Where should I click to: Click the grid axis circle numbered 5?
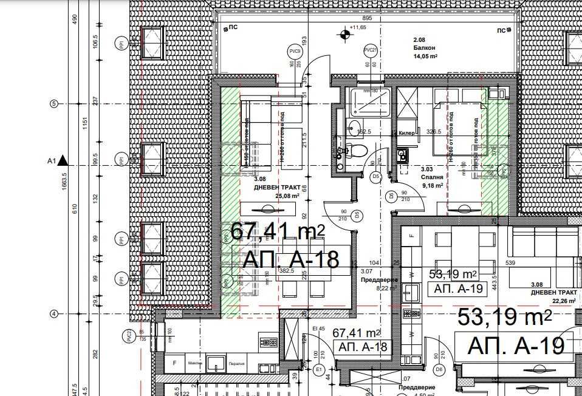pyautogui.click(x=53, y=104)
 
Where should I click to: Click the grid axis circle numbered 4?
pyautogui.click(x=53, y=313)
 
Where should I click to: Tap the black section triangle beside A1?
pyautogui.click(x=63, y=162)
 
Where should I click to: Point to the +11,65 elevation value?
pyautogui.click(x=358, y=27)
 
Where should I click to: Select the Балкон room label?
pyautogui.click(x=415, y=46)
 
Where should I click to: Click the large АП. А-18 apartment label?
pyautogui.click(x=290, y=259)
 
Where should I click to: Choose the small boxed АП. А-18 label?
pyautogui.click(x=359, y=347)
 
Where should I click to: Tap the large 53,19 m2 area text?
pyautogui.click(x=504, y=317)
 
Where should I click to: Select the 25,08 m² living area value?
pyautogui.click(x=288, y=196)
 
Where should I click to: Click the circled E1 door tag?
pyautogui.click(x=318, y=369)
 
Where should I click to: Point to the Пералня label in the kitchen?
pyautogui.click(x=236, y=364)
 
